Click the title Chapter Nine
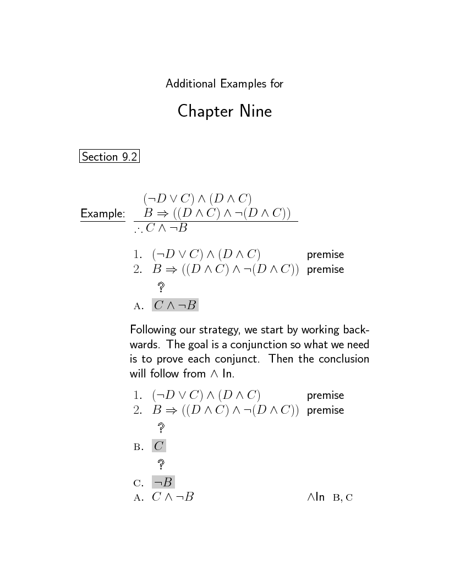point(225,112)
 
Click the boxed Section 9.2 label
point(109,157)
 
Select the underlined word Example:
point(103,213)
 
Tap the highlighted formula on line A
point(175,305)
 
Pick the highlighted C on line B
point(158,446)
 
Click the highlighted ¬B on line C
point(163,483)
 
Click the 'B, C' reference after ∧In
point(342,498)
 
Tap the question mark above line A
point(161,287)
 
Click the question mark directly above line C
point(161,464)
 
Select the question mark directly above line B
point(161,427)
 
